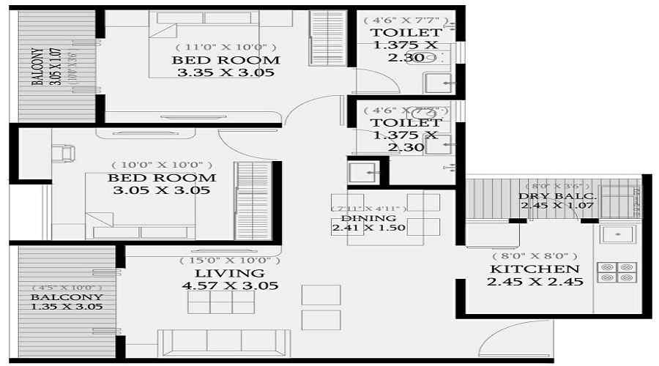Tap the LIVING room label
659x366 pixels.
[x=229, y=273]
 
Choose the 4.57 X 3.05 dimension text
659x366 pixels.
[x=229, y=285]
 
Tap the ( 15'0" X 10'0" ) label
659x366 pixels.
[x=230, y=260]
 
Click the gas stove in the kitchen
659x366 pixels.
[x=617, y=272]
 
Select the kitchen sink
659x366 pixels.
[x=618, y=234]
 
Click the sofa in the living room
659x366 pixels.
[x=224, y=342]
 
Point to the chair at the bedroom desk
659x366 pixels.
[x=64, y=153]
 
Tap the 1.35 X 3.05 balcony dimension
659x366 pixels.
[x=66, y=307]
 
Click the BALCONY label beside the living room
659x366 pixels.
[x=66, y=297]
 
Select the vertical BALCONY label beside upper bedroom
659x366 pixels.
[x=37, y=68]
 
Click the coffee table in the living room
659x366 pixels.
[x=220, y=302]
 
